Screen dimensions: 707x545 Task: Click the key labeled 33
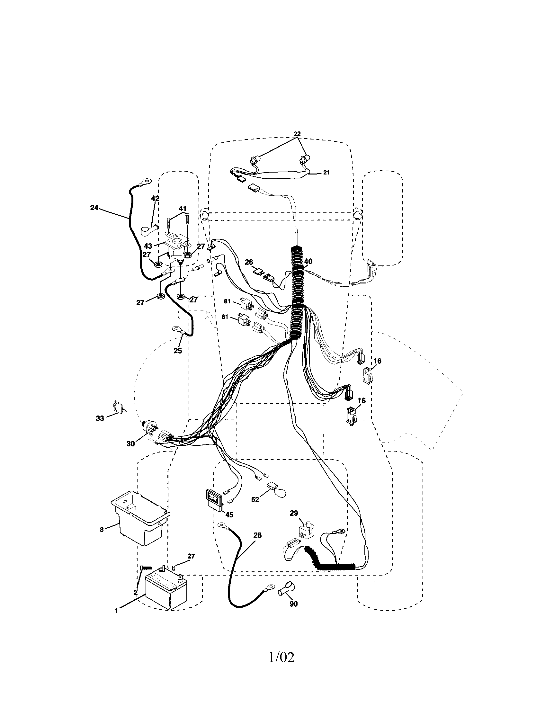[x=119, y=407]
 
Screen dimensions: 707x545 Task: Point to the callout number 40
[x=308, y=261]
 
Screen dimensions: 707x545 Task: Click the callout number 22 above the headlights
[x=297, y=133]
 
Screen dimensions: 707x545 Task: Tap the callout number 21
[x=326, y=173]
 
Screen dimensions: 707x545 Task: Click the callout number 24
[x=94, y=208]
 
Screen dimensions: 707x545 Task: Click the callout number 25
[x=178, y=350]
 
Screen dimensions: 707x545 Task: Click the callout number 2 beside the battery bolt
[x=135, y=593]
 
